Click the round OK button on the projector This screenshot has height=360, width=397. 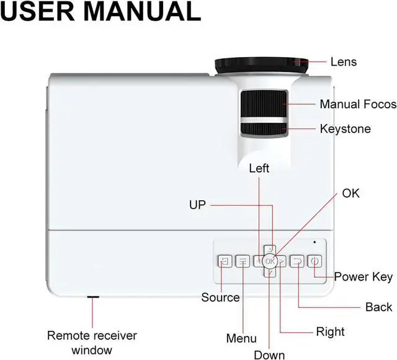(269, 261)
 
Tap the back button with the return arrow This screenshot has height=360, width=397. (298, 261)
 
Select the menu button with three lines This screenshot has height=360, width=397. (243, 261)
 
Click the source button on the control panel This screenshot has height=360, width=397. (225, 261)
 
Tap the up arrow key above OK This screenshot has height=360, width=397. (269, 250)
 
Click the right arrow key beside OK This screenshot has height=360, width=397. (281, 261)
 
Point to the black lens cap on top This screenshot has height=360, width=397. (261, 64)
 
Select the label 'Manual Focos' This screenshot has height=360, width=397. (358, 104)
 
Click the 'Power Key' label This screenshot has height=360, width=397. (363, 276)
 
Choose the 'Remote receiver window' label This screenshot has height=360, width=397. (92, 342)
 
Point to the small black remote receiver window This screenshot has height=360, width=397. (93, 297)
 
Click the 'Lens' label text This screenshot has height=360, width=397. (343, 61)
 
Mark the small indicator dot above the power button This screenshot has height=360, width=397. (314, 242)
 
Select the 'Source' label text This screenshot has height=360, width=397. (220, 297)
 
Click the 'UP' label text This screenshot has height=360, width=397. (197, 204)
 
